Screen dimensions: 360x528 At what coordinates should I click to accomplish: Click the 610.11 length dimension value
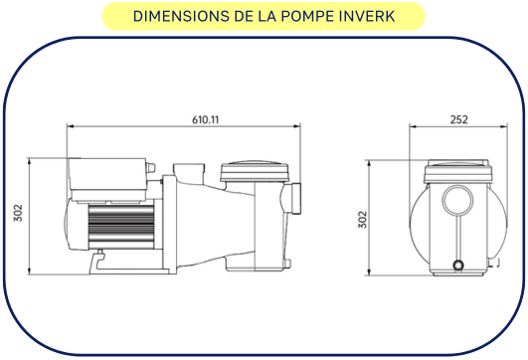click(x=205, y=119)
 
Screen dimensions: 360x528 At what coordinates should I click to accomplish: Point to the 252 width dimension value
click(x=459, y=119)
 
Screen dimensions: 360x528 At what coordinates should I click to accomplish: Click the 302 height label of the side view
click(x=19, y=215)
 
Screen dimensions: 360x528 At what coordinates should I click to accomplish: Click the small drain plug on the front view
click(x=457, y=265)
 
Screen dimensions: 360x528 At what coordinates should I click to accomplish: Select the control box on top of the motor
click(x=105, y=177)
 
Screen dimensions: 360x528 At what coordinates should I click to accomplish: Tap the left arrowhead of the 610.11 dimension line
click(x=71, y=126)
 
